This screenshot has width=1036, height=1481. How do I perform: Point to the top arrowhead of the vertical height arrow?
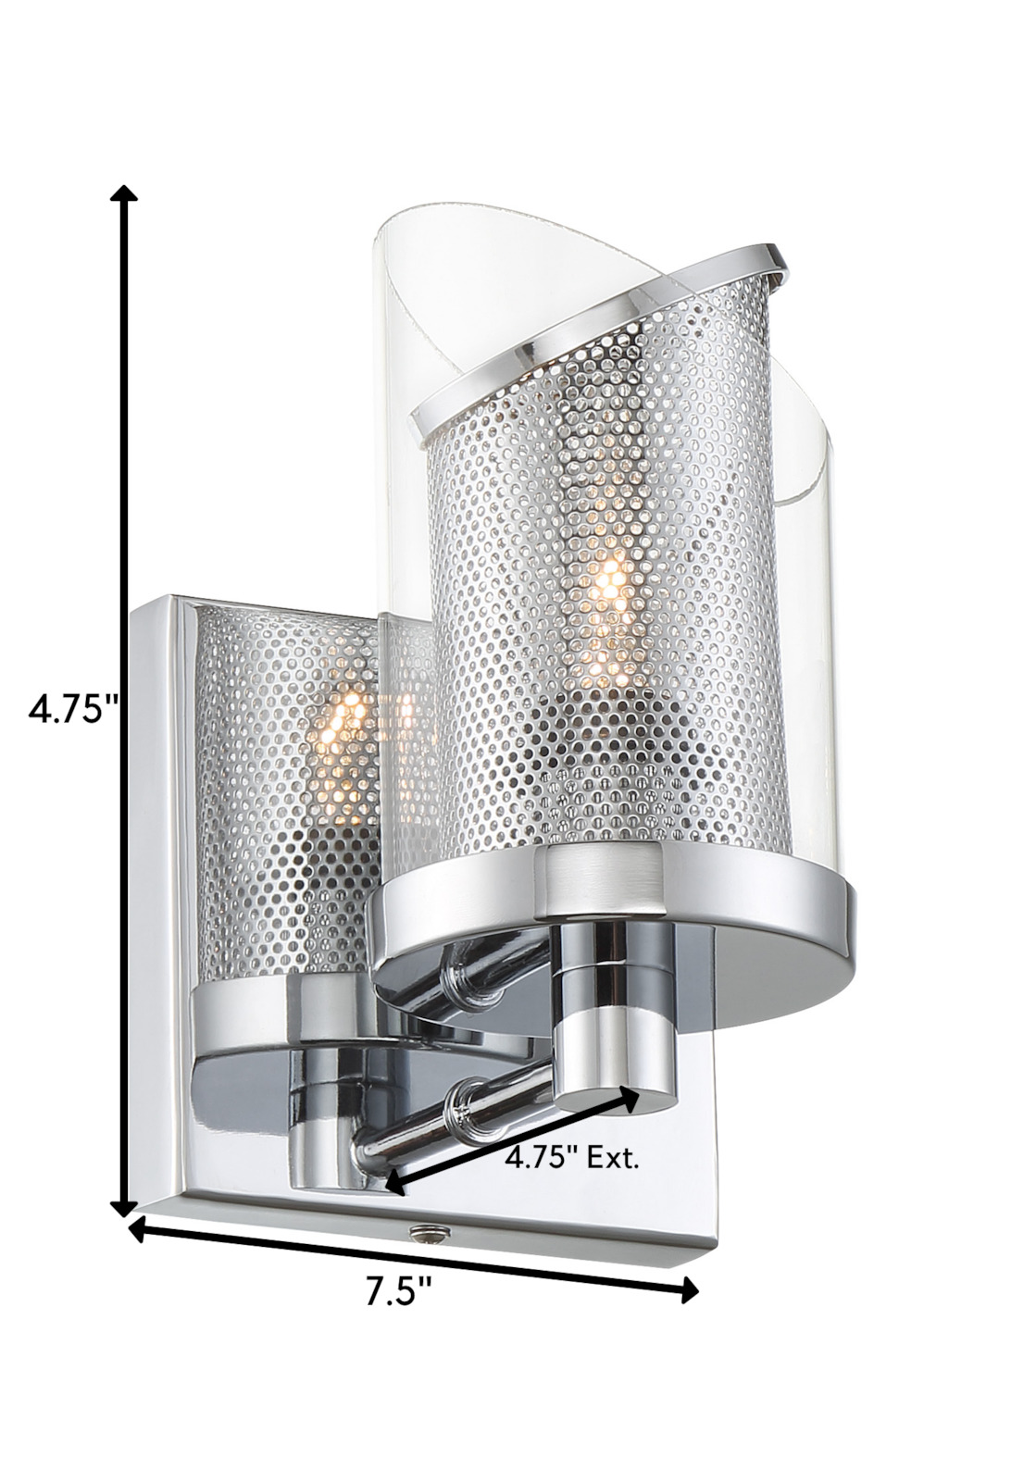[124, 194]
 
